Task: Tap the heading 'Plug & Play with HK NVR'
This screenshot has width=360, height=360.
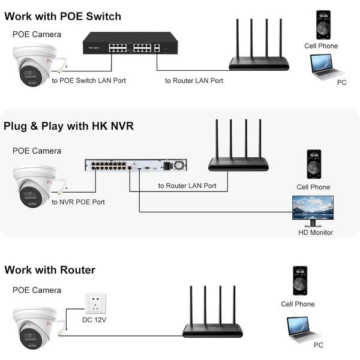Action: [68, 126]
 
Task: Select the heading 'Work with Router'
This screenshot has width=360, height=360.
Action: [50, 270]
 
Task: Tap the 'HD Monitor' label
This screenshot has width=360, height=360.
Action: [316, 232]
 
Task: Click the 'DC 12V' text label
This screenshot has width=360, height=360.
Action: [94, 319]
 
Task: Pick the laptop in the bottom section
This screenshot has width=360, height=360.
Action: [305, 328]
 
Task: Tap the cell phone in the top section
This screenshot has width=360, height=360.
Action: [323, 25]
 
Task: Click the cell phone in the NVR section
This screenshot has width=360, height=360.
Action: [314, 164]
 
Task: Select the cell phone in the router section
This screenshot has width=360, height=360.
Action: [299, 280]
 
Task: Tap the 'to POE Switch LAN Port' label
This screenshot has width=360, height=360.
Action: [89, 80]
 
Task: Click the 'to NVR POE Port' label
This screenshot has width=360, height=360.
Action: [78, 202]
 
